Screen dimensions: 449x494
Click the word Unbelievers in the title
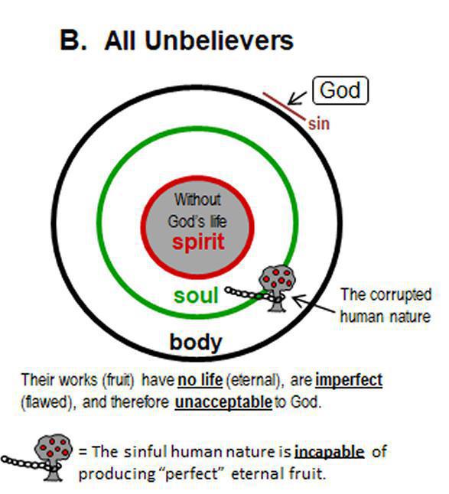(x=219, y=41)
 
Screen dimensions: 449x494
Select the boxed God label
(x=340, y=90)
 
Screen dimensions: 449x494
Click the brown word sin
(x=319, y=124)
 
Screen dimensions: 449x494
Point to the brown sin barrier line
(x=285, y=106)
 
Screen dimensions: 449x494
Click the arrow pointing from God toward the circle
(x=297, y=99)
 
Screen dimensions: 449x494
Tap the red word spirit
(x=198, y=242)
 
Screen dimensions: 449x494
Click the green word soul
(x=196, y=295)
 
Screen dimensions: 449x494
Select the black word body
(x=196, y=342)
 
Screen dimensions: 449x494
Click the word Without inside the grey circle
(x=197, y=200)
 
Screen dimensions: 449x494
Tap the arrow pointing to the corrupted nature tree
(x=314, y=304)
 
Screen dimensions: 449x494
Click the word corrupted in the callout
(x=401, y=295)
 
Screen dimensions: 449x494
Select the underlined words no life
(x=200, y=379)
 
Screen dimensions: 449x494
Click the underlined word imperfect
(x=349, y=380)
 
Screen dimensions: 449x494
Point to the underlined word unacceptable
(x=223, y=402)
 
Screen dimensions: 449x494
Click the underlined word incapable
(x=329, y=452)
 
